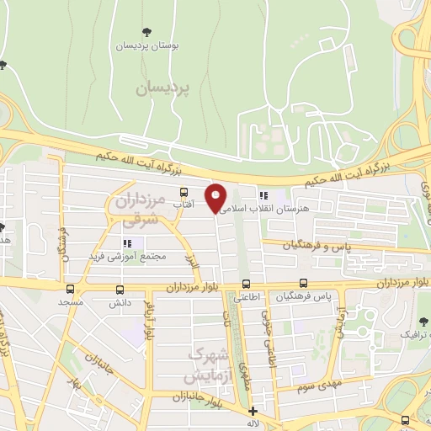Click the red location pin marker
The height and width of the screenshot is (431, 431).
[217, 199]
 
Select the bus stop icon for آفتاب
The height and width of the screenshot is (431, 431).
[184, 193]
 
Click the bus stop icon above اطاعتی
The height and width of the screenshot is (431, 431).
[246, 285]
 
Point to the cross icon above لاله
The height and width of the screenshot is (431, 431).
[253, 411]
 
